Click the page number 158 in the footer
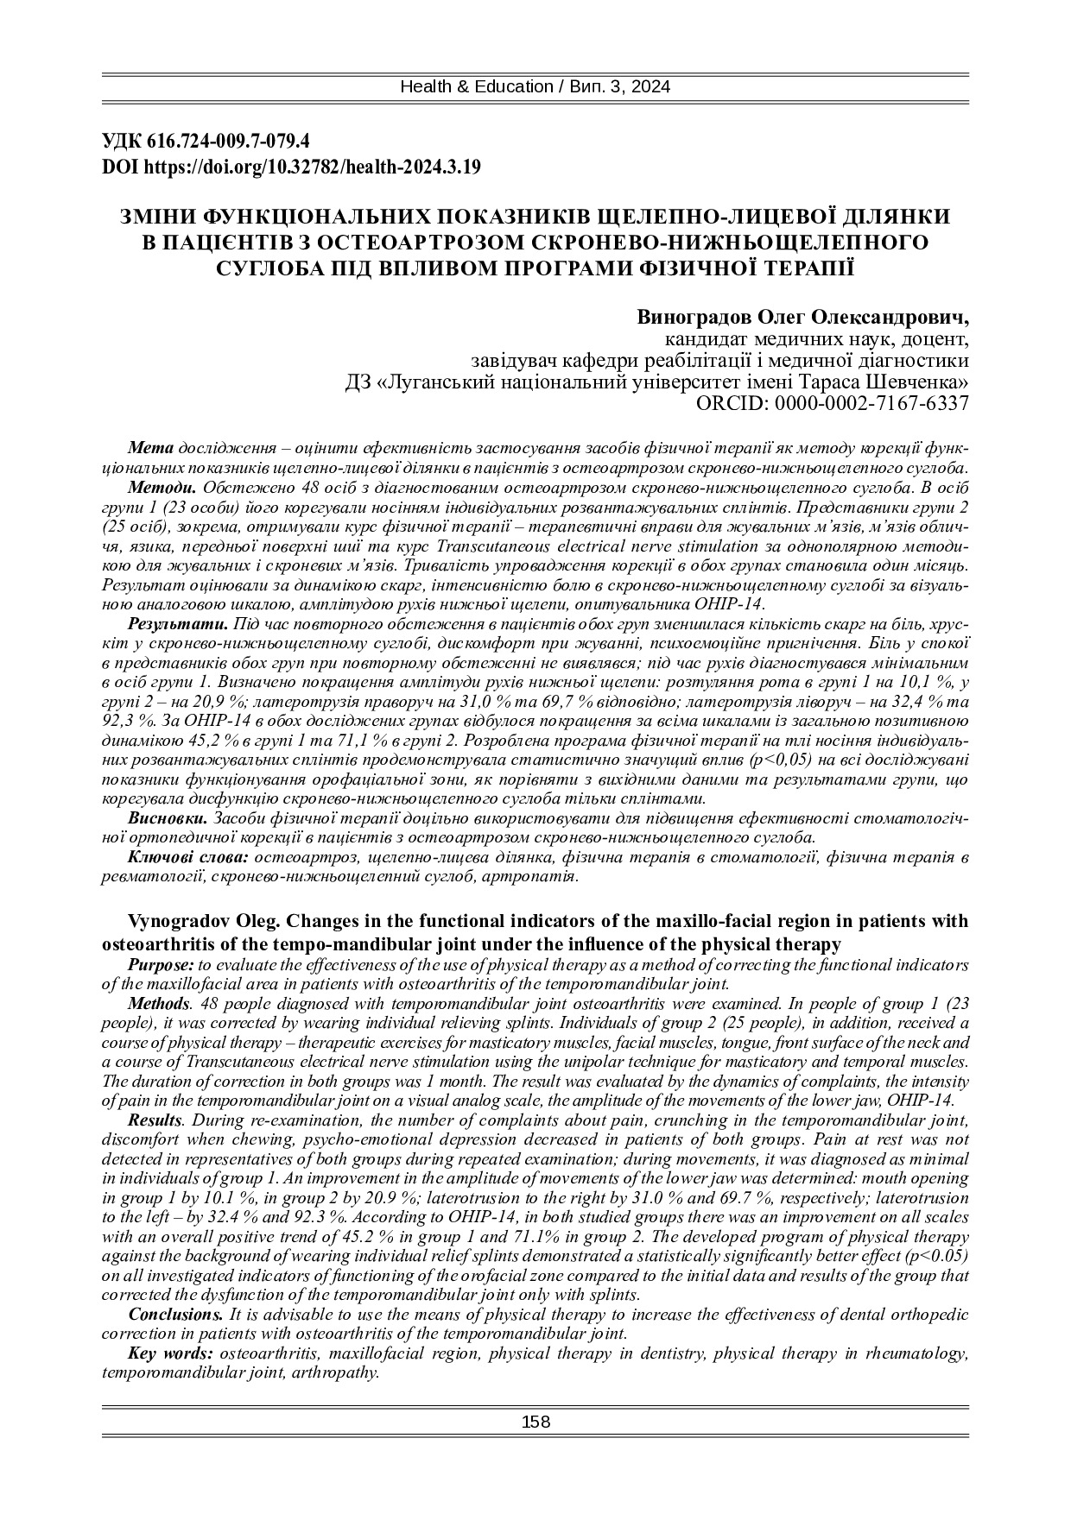click(535, 1423)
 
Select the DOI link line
click(291, 167)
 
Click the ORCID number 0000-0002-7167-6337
click(871, 402)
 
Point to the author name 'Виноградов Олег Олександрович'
click(802, 315)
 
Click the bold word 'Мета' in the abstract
click(150, 449)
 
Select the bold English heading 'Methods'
click(159, 1003)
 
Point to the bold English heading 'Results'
click(155, 1120)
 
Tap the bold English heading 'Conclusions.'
click(175, 1314)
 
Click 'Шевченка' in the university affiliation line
click(925, 382)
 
